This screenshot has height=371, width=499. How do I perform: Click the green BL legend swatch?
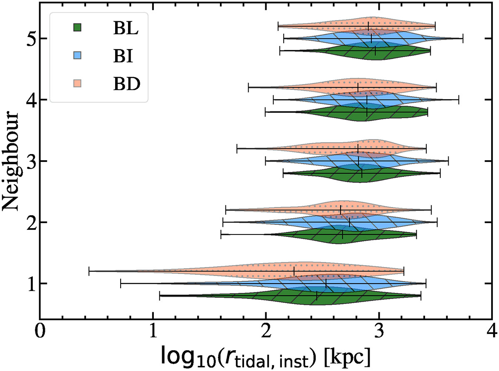[76, 28]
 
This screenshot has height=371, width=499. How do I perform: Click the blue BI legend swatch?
[76, 56]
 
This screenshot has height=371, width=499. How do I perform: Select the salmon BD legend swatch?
[76, 85]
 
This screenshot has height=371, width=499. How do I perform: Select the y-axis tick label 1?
[26, 284]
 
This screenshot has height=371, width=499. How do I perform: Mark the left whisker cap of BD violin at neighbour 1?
[89, 271]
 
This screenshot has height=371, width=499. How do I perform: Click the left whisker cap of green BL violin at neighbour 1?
[160, 296]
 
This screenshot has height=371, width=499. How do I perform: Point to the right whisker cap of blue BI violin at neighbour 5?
[463, 38]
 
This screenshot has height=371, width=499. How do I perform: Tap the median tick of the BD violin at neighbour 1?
[294, 271]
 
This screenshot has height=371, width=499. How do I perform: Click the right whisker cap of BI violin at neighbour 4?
[458, 100]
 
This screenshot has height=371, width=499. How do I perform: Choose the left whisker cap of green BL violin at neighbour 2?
[221, 234]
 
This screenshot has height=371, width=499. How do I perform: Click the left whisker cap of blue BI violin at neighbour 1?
[121, 284]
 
